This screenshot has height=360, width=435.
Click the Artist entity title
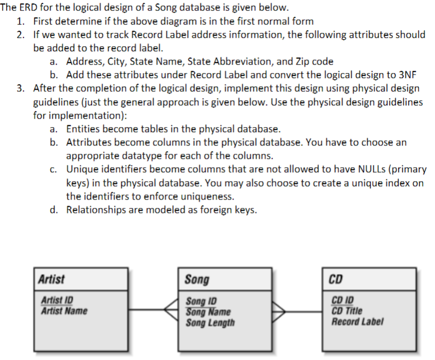pos(51,279)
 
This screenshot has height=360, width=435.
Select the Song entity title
pos(197,279)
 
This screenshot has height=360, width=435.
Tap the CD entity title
pos(336,279)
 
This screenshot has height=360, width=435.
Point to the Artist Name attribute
pos(64,310)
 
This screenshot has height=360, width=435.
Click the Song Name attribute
pos(208,312)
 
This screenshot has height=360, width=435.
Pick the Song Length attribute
pos(211,322)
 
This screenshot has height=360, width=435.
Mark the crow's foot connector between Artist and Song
pos(172,308)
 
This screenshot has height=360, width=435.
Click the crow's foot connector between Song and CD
pos(280,308)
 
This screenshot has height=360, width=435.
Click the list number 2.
pos(20,35)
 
